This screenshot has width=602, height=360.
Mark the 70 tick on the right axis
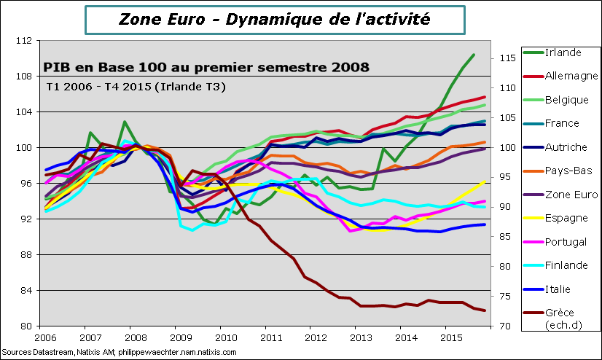(x=507, y=326)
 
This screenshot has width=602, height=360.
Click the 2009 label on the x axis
(x=180, y=338)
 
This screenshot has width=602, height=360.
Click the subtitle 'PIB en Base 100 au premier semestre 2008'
(x=206, y=68)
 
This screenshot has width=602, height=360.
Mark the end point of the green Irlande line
(x=474, y=55)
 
